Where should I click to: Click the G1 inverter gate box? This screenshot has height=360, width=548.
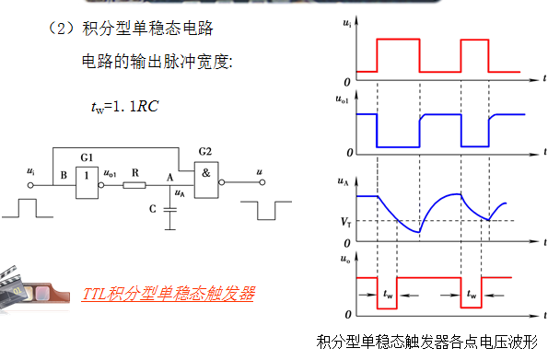(87, 175)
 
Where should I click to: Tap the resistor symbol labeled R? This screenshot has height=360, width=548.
(134, 185)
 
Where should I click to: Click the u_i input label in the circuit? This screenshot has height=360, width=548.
(32, 172)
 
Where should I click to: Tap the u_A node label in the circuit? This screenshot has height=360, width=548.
(181, 194)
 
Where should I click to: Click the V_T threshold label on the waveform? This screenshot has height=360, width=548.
(345, 222)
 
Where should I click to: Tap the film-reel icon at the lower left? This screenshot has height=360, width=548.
(34, 287)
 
